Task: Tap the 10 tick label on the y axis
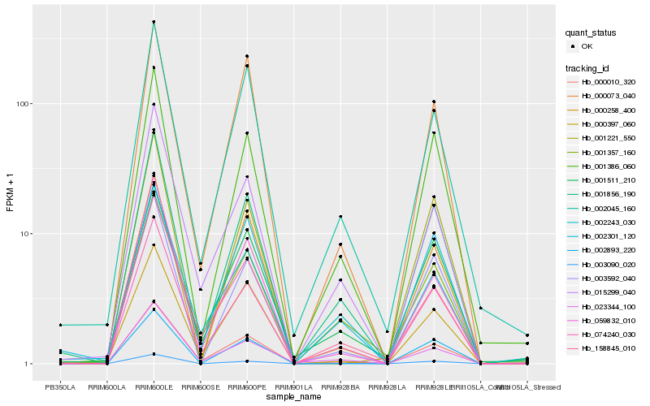point(25,234)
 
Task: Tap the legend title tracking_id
point(590,67)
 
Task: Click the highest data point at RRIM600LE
point(154,22)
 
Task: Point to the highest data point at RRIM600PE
point(247,56)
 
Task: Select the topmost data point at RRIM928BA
point(340,217)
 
